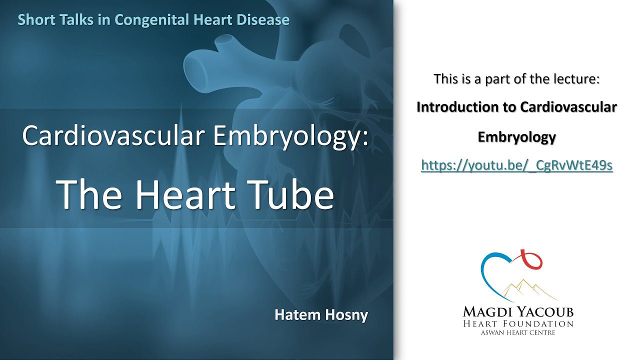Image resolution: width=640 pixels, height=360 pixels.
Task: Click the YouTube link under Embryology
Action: click(516, 165)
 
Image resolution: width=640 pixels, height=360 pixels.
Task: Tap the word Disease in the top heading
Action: click(265, 20)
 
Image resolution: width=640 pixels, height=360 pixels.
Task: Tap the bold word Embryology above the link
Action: click(516, 136)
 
